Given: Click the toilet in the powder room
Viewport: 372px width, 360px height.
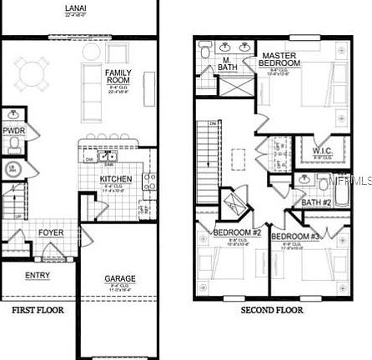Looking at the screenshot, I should [13, 145].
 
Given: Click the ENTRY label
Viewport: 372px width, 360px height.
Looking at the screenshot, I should [36, 276].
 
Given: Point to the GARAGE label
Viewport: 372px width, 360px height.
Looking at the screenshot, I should [120, 278].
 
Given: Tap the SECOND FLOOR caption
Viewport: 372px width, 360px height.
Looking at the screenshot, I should [272, 310].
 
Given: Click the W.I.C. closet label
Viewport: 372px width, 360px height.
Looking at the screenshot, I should [323, 150].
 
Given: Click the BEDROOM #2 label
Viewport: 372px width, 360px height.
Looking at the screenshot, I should [238, 232].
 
